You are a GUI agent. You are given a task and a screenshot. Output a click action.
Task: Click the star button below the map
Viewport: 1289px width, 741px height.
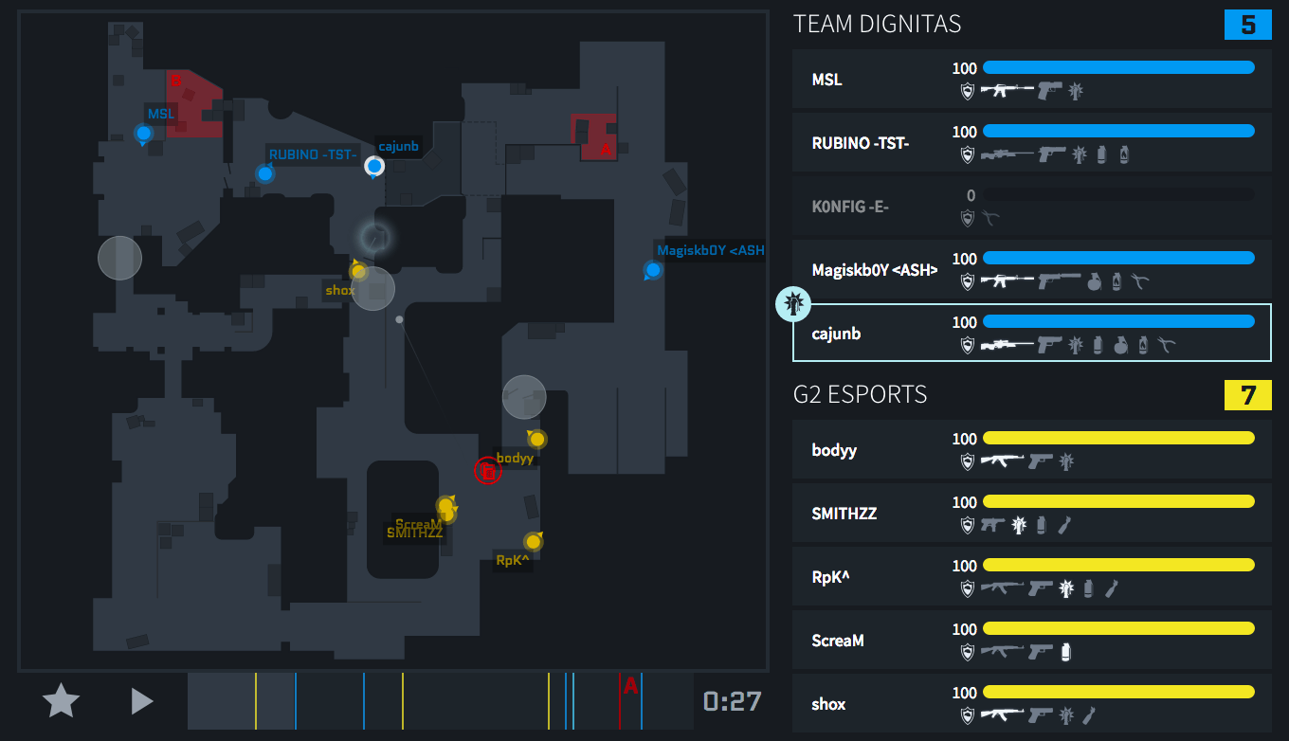pyautogui.click(x=62, y=701)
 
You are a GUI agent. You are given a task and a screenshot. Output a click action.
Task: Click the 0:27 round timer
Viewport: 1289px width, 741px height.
pyautogui.click(x=732, y=701)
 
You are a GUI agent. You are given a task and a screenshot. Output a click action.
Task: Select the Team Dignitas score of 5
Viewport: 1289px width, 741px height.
pyautogui.click(x=1248, y=25)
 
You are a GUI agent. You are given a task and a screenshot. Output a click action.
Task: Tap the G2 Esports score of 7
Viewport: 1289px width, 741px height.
pyautogui.click(x=1248, y=395)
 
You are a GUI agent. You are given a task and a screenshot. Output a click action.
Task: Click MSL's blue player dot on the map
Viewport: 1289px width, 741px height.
pyautogui.click(x=144, y=134)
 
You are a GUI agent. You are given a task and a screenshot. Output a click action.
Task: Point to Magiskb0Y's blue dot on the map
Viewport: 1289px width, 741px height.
pyautogui.click(x=652, y=271)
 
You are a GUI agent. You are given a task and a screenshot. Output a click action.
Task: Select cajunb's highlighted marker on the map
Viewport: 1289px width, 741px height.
pyautogui.click(x=374, y=167)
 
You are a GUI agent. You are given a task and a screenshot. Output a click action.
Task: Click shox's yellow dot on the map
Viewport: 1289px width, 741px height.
pyautogui.click(x=358, y=272)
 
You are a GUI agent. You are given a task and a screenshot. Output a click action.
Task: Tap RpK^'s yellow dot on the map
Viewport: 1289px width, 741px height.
pyautogui.click(x=533, y=542)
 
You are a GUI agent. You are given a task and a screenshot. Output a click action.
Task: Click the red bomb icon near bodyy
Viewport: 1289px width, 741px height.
pyautogui.click(x=487, y=470)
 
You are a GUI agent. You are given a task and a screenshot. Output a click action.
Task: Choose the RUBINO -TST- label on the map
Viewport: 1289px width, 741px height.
pyautogui.click(x=313, y=154)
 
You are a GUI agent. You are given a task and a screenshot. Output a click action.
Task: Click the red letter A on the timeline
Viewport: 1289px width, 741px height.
pyautogui.click(x=630, y=686)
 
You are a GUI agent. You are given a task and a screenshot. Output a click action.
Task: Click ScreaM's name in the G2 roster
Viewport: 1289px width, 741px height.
pyautogui.click(x=838, y=641)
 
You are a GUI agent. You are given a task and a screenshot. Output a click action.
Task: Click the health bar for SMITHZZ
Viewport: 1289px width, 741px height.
pyautogui.click(x=1118, y=502)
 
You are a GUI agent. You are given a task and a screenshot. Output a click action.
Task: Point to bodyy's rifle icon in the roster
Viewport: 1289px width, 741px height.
pyautogui.click(x=1000, y=461)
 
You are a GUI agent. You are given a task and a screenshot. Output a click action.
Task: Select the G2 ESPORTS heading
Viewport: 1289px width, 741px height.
pyautogui.click(x=860, y=394)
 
